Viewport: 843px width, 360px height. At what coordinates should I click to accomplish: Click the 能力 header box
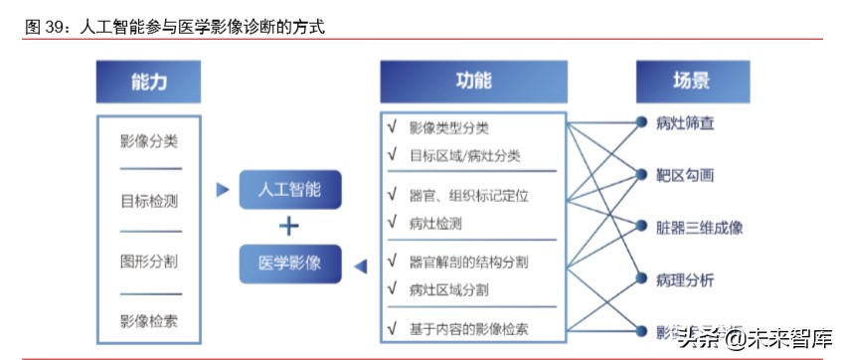point(148,83)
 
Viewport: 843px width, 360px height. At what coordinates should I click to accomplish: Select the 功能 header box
point(473,83)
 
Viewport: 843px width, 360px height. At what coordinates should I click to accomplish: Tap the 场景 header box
point(692,83)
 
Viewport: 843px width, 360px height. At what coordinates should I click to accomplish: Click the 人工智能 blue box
point(289,189)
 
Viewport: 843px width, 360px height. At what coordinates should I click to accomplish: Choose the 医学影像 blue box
point(289,264)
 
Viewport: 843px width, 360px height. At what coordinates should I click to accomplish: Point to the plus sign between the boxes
point(289,227)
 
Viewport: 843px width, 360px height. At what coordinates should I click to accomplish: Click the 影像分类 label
point(149,141)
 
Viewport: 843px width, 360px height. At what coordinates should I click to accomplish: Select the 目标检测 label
point(149,202)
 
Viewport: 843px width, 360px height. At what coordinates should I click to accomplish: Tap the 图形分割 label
point(149,262)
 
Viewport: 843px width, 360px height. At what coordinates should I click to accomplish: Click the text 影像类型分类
point(449,128)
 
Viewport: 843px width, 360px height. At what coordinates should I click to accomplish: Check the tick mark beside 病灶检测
point(392,224)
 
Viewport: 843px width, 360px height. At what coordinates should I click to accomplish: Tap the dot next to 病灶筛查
point(642,123)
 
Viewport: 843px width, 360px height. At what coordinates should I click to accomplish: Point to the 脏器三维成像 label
point(699,228)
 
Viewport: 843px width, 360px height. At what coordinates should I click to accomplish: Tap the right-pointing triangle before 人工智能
point(223,188)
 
